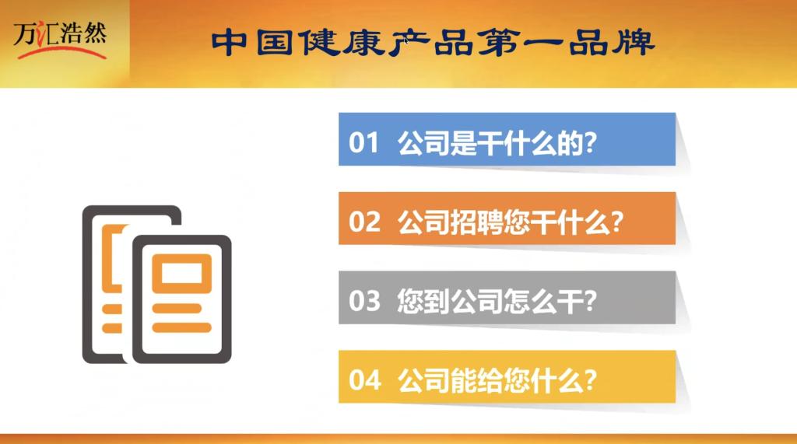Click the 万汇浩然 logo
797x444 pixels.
(60, 40)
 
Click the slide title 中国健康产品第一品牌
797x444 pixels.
(433, 42)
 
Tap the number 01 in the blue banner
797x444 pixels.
(363, 142)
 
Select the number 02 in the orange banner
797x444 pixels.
(364, 222)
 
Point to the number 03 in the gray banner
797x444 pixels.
(364, 301)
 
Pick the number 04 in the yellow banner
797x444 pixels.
(364, 380)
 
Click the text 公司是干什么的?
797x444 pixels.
(497, 142)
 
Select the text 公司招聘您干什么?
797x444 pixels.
(511, 222)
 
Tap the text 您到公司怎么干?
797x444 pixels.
(497, 301)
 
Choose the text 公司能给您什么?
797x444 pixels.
(497, 380)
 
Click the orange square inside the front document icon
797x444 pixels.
(182, 273)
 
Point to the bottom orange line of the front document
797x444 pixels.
(182, 327)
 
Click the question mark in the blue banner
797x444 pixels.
(590, 142)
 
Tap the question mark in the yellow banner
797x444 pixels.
(590, 380)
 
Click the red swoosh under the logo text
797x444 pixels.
(62, 52)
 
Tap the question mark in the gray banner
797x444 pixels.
(590, 301)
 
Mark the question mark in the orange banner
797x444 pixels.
(616, 222)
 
